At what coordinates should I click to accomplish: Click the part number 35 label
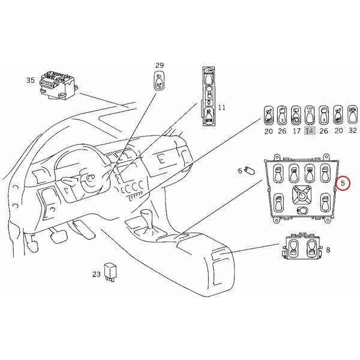click(31, 80)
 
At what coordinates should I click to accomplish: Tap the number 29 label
click(159, 65)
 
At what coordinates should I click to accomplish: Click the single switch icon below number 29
click(158, 81)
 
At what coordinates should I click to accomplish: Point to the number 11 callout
click(221, 108)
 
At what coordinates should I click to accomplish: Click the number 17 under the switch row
click(296, 131)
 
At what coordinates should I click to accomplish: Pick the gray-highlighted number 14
click(310, 131)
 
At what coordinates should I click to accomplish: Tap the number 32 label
click(352, 131)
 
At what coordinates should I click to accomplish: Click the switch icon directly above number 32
click(352, 114)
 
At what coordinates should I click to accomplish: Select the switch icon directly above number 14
click(310, 114)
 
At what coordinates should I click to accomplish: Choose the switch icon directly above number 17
click(296, 114)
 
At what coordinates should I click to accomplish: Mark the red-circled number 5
click(343, 182)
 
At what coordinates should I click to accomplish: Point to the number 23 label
click(96, 274)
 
